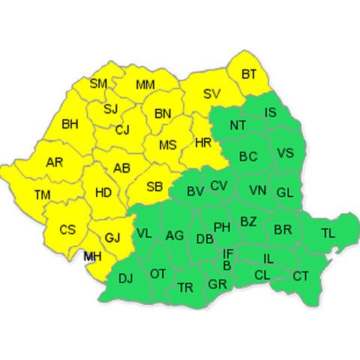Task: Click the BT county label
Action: pyautogui.click(x=249, y=74)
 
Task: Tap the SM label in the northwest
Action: pyautogui.click(x=98, y=83)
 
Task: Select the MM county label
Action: pyautogui.click(x=145, y=85)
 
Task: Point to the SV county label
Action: pyautogui.click(x=212, y=94)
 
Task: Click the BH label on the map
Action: pyautogui.click(x=70, y=124)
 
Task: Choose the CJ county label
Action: pyautogui.click(x=122, y=130)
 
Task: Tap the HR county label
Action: pyautogui.click(x=202, y=142)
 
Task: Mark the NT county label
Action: pyautogui.click(x=238, y=124)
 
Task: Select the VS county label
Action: pyautogui.click(x=285, y=153)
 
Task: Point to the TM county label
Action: pyautogui.click(x=42, y=196)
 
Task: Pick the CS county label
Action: pyautogui.click(x=67, y=229)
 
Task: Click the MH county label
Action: pyautogui.click(x=93, y=257)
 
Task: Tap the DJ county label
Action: pyautogui.click(x=125, y=279)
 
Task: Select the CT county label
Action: pyautogui.click(x=301, y=277)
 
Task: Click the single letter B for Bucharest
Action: pyautogui.click(x=226, y=265)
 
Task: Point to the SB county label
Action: pyautogui.click(x=154, y=187)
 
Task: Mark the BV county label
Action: pyautogui.click(x=195, y=190)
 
